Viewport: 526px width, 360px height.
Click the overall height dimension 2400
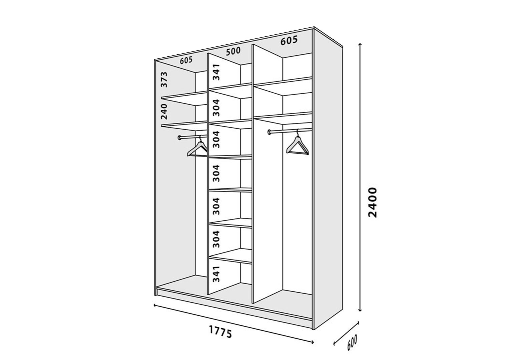pyautogui.click(x=373, y=202)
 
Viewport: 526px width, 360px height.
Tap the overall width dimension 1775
pyautogui.click(x=220, y=332)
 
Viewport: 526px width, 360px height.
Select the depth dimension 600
pyautogui.click(x=352, y=342)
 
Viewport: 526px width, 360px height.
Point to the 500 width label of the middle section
pyautogui.click(x=233, y=51)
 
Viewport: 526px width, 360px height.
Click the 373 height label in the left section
pyautogui.click(x=164, y=80)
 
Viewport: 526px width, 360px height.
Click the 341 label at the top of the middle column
pyautogui.click(x=216, y=72)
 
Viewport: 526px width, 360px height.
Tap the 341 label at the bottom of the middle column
pyautogui.click(x=216, y=274)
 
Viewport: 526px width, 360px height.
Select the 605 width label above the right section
pyautogui.click(x=289, y=40)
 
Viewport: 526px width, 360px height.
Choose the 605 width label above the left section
pyautogui.click(x=186, y=60)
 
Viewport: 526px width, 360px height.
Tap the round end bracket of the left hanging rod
pyautogui.click(x=180, y=138)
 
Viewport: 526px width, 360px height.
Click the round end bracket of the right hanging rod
pyautogui.click(x=270, y=132)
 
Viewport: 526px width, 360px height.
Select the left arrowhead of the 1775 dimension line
pyautogui.click(x=155, y=305)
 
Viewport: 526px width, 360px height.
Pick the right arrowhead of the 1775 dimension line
pyautogui.click(x=312, y=342)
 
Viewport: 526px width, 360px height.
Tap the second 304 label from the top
pyautogui.click(x=216, y=139)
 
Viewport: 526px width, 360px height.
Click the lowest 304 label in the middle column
pyautogui.click(x=216, y=239)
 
